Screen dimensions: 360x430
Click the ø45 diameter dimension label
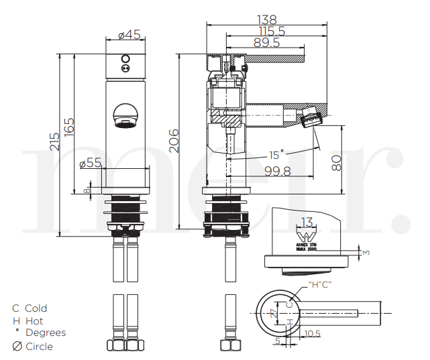tap(129, 35)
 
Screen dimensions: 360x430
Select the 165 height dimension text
tap(69, 125)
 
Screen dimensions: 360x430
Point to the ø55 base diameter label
tap(90, 162)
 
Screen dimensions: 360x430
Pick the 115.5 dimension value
tap(271, 31)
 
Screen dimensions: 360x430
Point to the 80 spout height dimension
tap(337, 162)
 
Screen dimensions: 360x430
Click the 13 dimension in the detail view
tap(307, 222)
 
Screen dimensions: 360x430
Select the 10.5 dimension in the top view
tap(312, 333)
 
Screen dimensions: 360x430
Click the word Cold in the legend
tap(36, 308)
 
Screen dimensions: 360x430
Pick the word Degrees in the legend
tap(46, 333)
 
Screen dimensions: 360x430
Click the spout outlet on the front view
tap(125, 121)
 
